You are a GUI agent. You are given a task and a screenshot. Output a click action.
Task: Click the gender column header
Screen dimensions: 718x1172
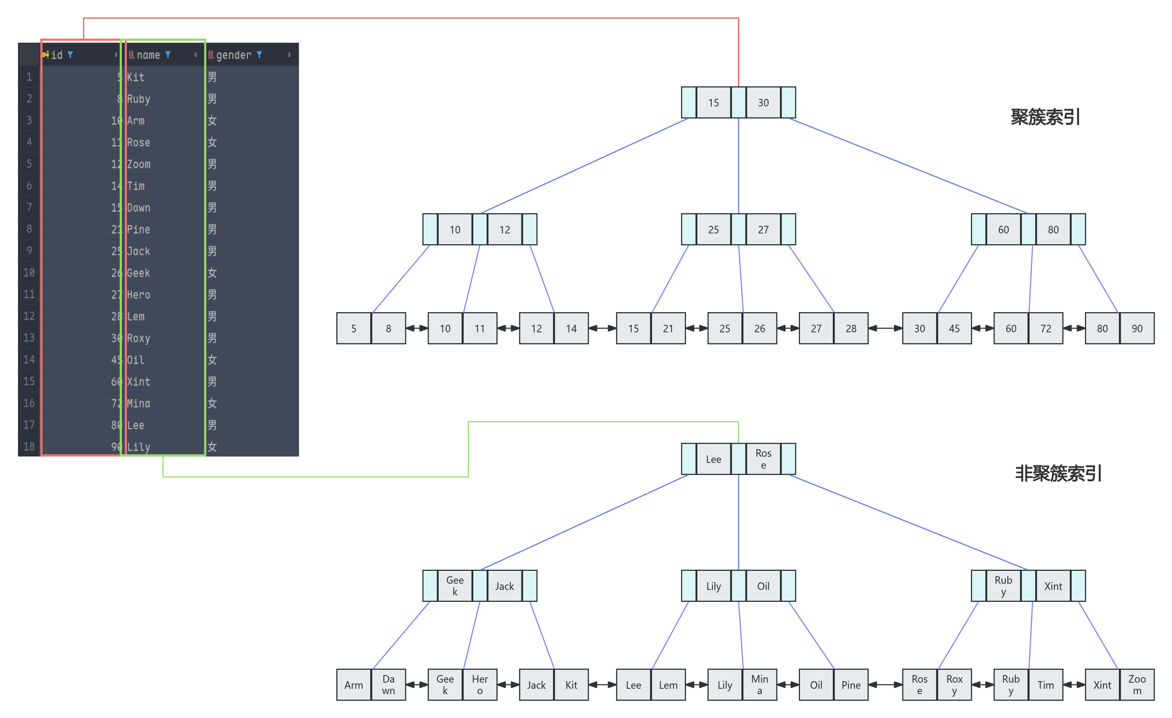click(x=233, y=55)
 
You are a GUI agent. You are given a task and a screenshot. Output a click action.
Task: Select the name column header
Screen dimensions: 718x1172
click(x=148, y=55)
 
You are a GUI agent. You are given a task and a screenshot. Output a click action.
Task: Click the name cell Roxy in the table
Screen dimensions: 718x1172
click(x=139, y=338)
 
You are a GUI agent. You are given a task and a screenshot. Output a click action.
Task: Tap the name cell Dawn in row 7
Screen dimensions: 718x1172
click(x=139, y=208)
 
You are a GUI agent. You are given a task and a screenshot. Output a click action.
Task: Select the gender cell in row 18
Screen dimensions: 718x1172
click(x=212, y=446)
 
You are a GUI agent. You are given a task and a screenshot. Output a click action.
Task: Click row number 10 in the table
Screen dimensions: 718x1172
click(x=29, y=272)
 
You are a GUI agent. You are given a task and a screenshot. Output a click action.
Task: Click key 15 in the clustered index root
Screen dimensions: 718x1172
click(x=713, y=103)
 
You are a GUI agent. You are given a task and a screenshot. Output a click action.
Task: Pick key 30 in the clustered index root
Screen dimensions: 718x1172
click(x=763, y=103)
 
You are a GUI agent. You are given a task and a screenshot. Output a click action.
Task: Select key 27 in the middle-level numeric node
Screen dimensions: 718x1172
click(x=763, y=230)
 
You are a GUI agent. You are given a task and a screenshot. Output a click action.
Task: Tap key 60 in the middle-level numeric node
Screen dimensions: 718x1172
click(x=1003, y=230)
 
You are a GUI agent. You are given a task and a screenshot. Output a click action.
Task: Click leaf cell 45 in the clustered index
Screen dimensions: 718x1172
click(x=954, y=329)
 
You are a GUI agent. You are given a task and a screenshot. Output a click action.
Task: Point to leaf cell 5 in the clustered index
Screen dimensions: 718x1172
click(x=353, y=329)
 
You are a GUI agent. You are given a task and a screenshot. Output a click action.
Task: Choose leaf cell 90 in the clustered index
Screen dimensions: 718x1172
click(x=1137, y=329)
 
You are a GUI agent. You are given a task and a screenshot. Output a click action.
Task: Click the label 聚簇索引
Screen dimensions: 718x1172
click(x=1045, y=117)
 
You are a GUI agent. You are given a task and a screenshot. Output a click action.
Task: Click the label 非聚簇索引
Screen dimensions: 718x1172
click(x=1058, y=473)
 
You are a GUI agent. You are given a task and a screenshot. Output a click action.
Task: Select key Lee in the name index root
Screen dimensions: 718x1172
click(x=713, y=459)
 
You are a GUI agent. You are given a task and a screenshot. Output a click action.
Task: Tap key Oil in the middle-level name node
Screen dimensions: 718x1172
click(x=763, y=586)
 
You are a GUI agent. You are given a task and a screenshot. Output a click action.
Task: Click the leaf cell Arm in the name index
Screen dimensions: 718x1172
click(x=353, y=685)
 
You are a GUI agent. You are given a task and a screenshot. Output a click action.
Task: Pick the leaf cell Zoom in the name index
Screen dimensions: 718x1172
click(x=1137, y=685)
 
